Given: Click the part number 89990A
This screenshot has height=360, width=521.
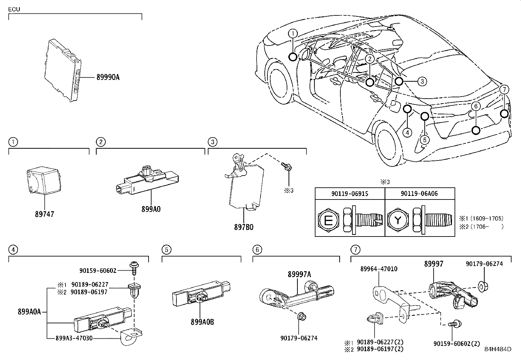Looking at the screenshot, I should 108,77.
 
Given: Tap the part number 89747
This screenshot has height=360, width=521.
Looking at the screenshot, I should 45,214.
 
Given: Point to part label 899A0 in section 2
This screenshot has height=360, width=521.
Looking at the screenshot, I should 151,209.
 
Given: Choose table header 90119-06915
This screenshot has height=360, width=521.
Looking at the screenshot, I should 350,194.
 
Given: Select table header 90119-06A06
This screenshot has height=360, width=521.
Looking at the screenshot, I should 419,194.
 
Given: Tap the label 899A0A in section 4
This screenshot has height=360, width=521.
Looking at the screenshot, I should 29,312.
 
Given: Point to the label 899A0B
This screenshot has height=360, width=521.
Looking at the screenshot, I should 202,322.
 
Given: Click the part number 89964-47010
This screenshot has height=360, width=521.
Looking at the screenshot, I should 379,269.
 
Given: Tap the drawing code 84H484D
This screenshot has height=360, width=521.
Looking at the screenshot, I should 498,349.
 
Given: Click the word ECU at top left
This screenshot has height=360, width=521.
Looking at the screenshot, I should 14,9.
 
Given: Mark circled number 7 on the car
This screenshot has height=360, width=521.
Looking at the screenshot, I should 504,89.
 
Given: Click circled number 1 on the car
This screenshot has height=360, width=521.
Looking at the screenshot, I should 293,33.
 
